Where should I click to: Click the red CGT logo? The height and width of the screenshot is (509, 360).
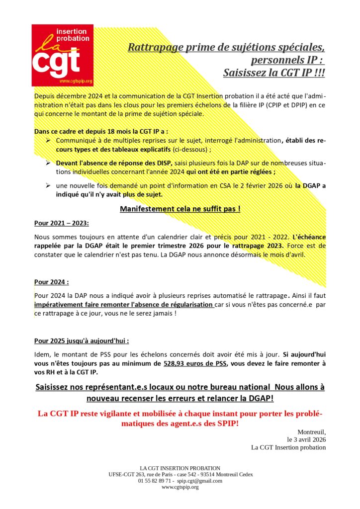pyautogui.click(x=62, y=55)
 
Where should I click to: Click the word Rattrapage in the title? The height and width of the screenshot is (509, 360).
pyautogui.click(x=152, y=48)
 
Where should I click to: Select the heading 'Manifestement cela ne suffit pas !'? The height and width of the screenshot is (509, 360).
pyautogui.click(x=180, y=209)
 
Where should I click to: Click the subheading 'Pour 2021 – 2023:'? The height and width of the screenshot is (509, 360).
pyautogui.click(x=61, y=223)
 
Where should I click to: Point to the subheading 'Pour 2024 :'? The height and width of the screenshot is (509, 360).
pyautogui.click(x=52, y=282)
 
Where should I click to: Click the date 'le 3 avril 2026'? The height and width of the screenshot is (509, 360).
pyautogui.click(x=306, y=439)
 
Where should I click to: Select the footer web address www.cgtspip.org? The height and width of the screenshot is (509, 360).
pyautogui.click(x=180, y=487)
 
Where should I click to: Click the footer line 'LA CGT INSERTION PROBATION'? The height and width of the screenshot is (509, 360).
pyautogui.click(x=180, y=468)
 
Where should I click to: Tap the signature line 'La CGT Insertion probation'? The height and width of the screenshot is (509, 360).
pyautogui.click(x=288, y=447)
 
